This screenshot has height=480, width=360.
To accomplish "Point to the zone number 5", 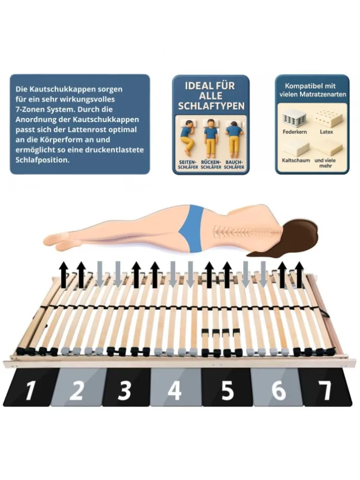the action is [x=227, y=387].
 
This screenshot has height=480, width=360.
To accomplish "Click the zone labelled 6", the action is [x=278, y=387].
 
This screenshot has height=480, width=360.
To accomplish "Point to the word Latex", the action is [x=326, y=132].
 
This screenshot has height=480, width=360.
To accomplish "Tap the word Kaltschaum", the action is [x=296, y=160].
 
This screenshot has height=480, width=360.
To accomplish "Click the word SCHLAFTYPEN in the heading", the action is [x=211, y=106].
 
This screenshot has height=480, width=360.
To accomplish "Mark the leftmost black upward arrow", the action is [x=63, y=274].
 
